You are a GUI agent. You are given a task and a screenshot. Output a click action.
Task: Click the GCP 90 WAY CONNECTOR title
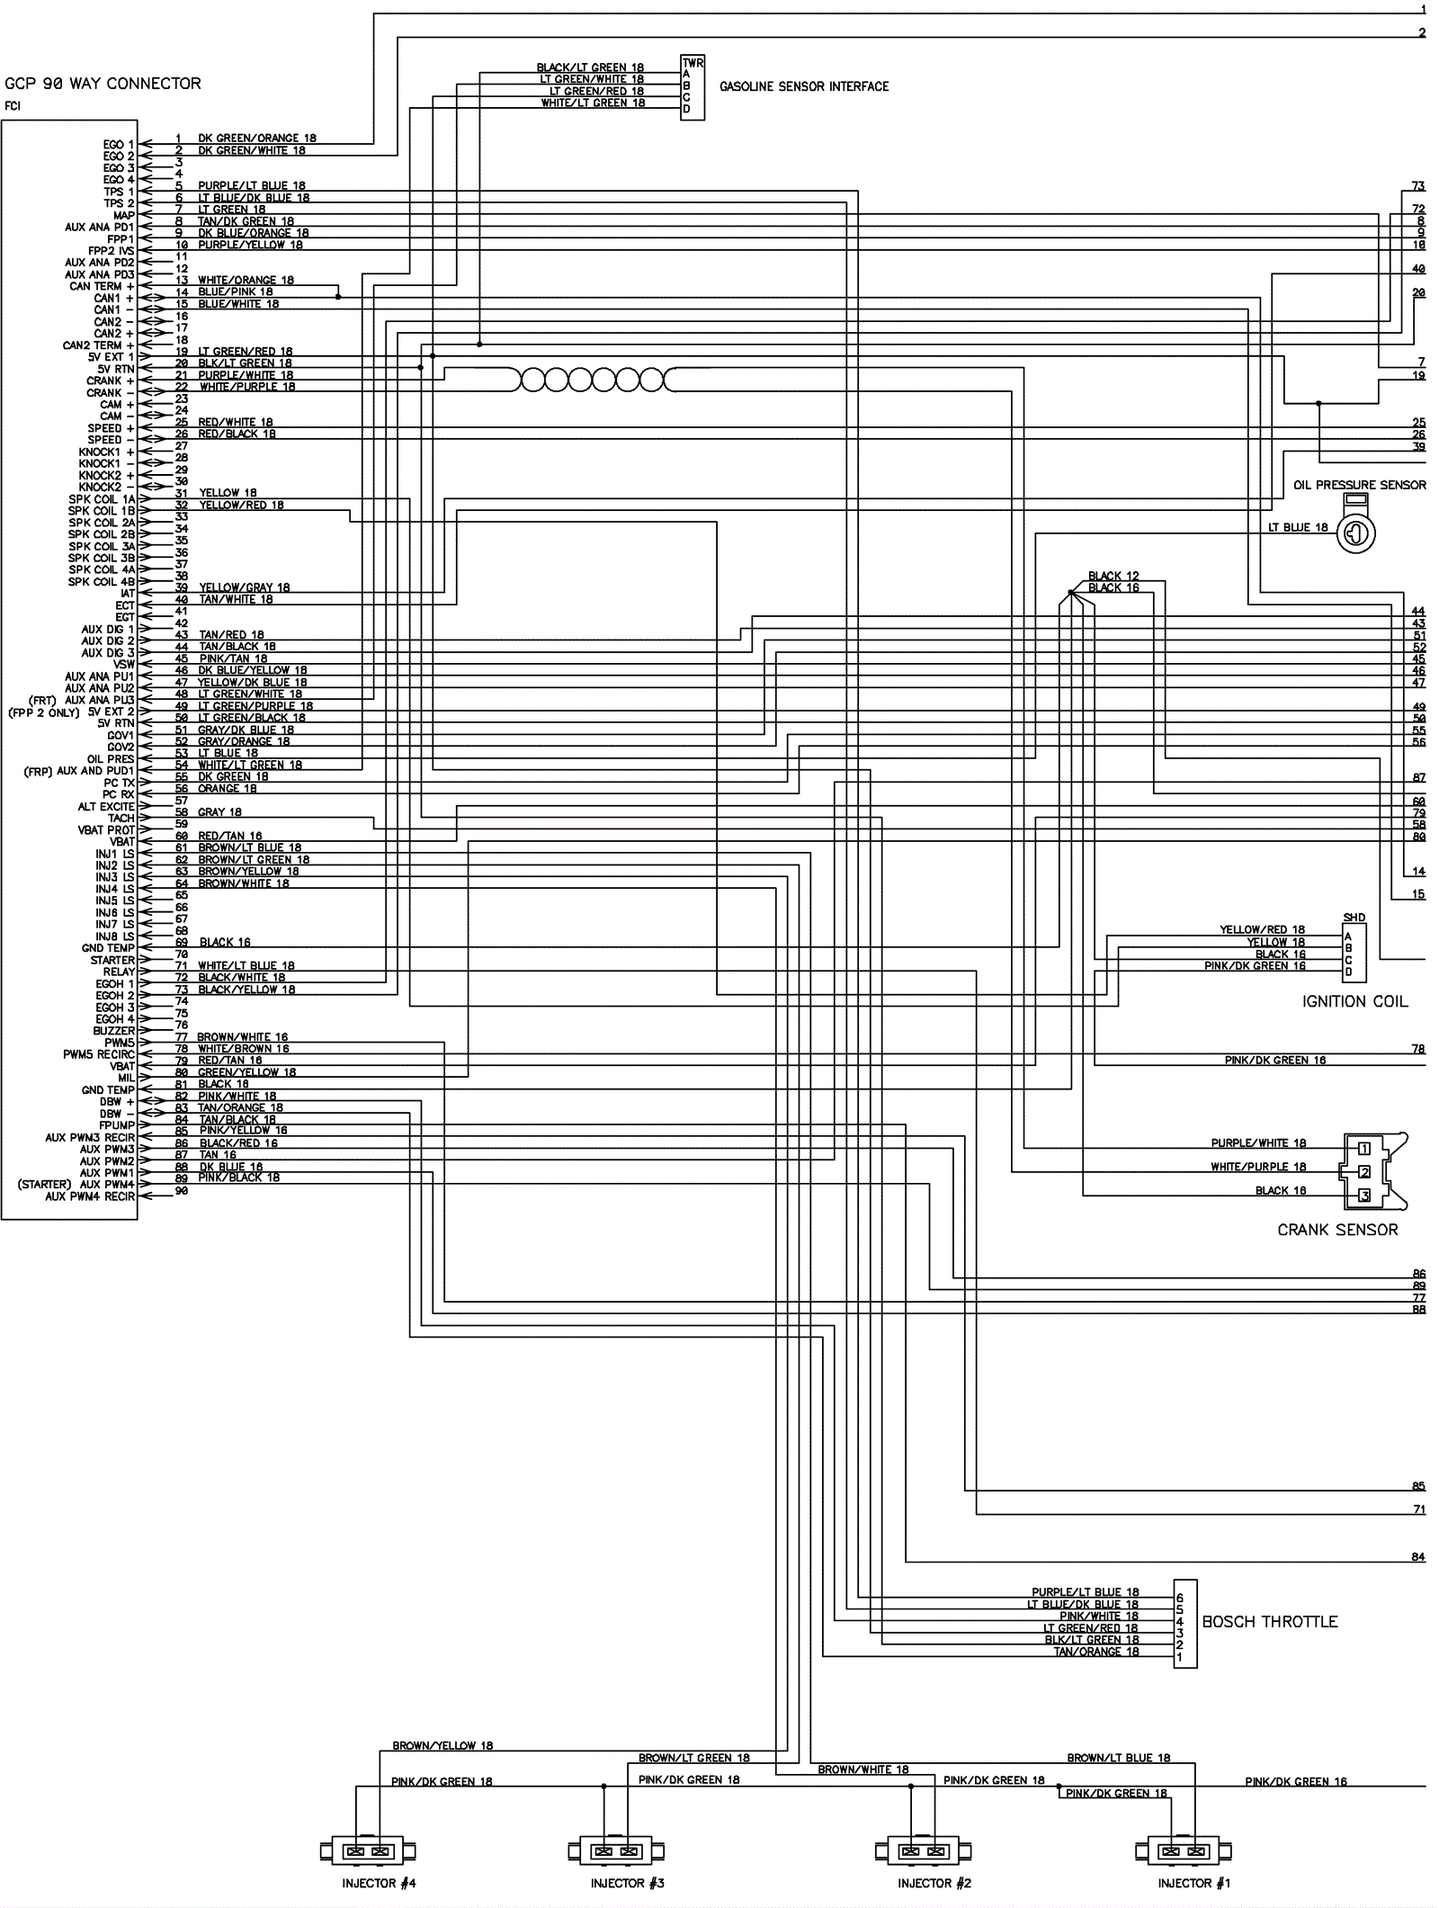coord(103,84)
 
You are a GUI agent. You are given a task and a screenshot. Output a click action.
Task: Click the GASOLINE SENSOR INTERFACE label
coord(803,86)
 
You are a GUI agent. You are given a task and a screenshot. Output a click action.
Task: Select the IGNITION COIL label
coord(1354,1001)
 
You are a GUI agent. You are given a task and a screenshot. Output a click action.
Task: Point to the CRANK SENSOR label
coord(1337,1230)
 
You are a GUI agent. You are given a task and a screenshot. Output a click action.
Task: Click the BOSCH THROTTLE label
coord(1269,1622)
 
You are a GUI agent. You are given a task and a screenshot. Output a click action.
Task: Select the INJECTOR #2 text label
coord(934,1883)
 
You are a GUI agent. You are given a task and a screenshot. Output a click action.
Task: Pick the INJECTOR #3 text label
coord(627,1883)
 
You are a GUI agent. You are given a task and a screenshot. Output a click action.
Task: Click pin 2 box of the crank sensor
coord(1363,1172)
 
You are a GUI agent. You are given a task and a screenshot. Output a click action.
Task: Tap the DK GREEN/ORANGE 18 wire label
coord(257,139)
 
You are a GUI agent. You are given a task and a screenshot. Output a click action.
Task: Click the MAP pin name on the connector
coord(123,216)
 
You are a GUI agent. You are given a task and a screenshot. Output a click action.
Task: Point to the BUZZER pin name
coord(113,1031)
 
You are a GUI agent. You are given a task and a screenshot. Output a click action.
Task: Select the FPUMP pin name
coord(117,1125)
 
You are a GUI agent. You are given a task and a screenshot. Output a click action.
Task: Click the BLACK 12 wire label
coord(1113,576)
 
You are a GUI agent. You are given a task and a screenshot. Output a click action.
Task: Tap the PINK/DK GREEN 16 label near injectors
coord(1296,1781)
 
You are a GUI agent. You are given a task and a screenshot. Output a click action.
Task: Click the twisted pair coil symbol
coord(592,381)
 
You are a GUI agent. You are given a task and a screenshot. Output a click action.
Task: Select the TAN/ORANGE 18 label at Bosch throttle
coord(1095,1652)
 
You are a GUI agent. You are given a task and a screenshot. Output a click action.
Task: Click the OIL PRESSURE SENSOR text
coord(1359,485)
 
